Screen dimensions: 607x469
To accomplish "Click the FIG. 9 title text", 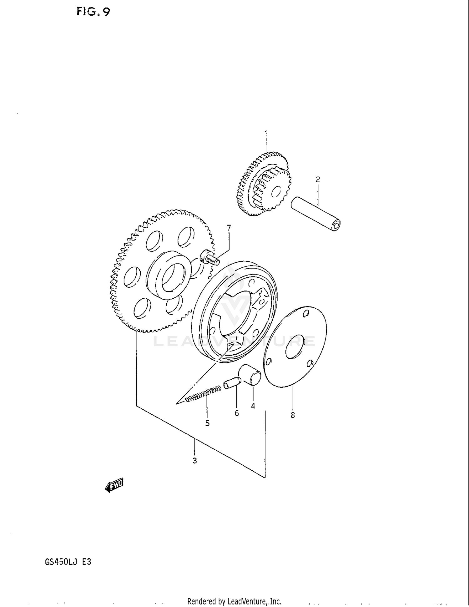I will coord(93,12).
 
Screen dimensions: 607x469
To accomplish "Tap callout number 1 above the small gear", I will coord(266,134).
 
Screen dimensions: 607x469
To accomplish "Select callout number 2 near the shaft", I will coord(318,180).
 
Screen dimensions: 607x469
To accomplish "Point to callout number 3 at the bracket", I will coord(194,461).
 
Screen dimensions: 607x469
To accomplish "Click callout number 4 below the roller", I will coord(253,406).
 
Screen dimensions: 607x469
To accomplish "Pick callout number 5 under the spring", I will coord(207,423).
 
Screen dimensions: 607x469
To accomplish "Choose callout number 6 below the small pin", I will coord(237,413).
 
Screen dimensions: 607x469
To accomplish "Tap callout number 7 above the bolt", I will coord(229,228).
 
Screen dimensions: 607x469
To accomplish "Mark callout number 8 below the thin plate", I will coord(293,415).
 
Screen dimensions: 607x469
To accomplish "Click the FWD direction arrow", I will coord(114,485).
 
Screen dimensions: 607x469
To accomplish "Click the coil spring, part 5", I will coord(203,394).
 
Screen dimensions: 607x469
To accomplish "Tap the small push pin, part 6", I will coord(232,383).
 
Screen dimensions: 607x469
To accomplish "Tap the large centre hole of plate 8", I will coord(295,346).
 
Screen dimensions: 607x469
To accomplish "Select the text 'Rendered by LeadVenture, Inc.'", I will coord(234,601).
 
